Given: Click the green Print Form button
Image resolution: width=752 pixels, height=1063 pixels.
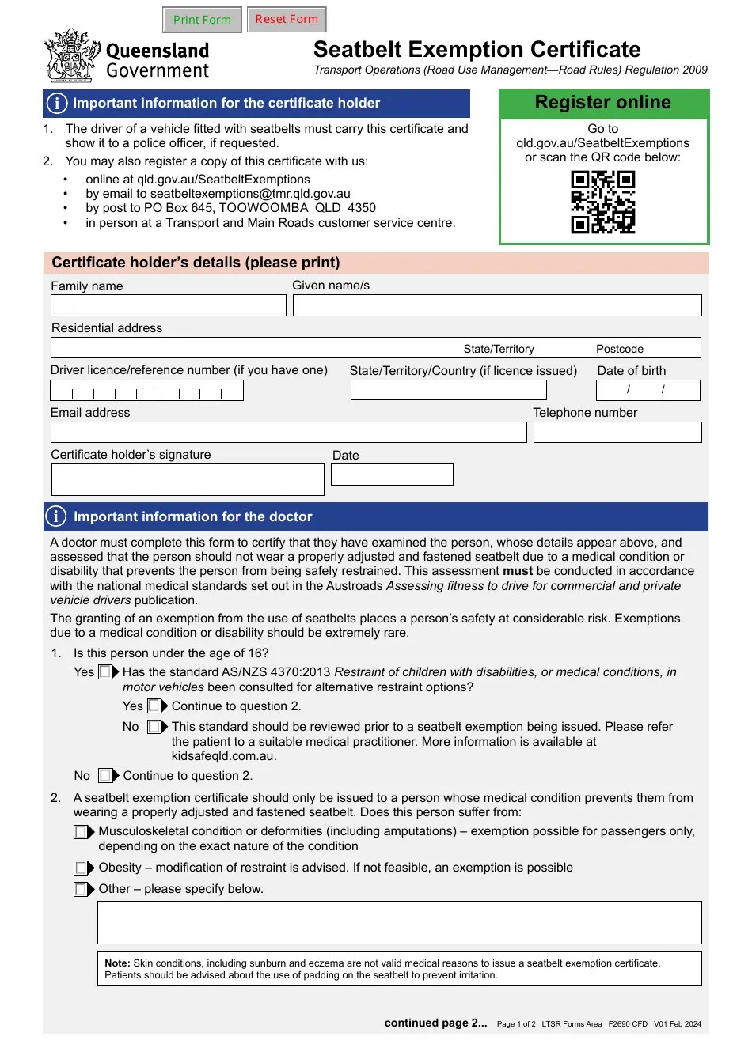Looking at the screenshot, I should [202, 20].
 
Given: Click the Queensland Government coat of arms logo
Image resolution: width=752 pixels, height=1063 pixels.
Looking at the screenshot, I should [71, 56].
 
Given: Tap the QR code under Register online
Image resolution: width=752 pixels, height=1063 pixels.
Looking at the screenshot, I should [603, 202].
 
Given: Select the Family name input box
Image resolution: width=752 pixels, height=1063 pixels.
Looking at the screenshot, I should [169, 305].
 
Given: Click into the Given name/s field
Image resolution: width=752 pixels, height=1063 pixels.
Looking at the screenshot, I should [497, 305].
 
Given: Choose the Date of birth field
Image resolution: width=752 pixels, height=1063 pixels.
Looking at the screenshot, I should [648, 390].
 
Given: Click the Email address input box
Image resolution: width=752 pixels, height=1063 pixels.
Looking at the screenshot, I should [288, 432].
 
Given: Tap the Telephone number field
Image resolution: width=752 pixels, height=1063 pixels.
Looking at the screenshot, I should [617, 432].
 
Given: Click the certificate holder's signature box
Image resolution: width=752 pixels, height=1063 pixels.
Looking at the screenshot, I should [188, 479].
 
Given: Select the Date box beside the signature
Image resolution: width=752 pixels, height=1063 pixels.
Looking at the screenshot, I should [392, 475].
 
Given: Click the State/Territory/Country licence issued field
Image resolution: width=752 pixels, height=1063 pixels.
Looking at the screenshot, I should [448, 390].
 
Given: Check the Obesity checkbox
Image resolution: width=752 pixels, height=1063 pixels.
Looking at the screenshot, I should [81, 868].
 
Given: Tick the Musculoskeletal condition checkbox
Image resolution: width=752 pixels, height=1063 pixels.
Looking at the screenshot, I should [81, 832].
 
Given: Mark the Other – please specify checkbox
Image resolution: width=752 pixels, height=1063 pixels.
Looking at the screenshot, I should [81, 890].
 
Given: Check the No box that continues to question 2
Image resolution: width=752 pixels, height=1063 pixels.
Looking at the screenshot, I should [105, 776].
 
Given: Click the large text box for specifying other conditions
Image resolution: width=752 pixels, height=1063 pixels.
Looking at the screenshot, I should [399, 922].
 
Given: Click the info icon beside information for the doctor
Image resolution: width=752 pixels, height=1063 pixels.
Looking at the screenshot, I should [56, 516].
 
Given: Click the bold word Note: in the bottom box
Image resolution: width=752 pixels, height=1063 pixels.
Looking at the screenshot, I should [117, 963].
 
